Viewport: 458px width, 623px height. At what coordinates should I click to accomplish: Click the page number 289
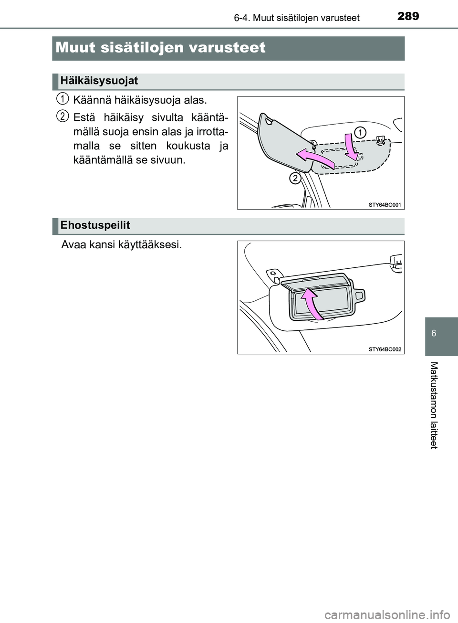[x=408, y=16]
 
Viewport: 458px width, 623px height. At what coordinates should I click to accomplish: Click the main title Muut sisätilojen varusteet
[x=160, y=48]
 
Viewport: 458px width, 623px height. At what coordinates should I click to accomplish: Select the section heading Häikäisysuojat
[x=99, y=81]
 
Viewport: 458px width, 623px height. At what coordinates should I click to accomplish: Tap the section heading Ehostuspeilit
[x=95, y=225]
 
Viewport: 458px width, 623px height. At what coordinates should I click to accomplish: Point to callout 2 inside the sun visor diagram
[x=295, y=179]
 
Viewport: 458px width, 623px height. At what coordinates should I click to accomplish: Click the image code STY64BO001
[x=385, y=205]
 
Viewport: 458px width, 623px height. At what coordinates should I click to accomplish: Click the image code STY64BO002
[x=385, y=349]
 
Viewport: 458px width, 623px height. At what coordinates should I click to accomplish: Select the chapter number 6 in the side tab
[x=433, y=333]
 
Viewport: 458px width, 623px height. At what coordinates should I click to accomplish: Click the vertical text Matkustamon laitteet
[x=433, y=405]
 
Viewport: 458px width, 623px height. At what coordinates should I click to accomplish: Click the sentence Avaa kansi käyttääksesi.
[x=122, y=245]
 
